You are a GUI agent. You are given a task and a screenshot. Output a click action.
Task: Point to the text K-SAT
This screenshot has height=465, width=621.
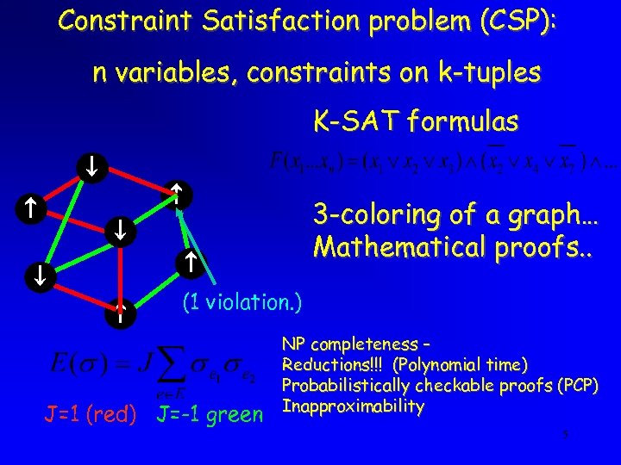point(350,121)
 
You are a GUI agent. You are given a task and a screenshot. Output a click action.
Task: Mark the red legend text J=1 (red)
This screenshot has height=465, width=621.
point(91,414)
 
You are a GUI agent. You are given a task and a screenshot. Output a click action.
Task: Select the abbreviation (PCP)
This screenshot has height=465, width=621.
point(577,385)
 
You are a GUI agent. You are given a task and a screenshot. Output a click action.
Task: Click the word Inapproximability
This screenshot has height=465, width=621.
point(353,405)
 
